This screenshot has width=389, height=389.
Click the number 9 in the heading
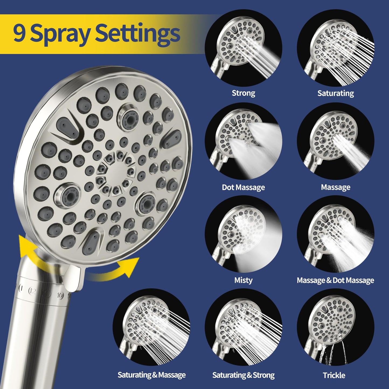click(19, 34)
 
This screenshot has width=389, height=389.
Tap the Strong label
click(243, 93)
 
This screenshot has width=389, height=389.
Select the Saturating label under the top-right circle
click(335, 93)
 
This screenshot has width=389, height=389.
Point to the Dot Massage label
click(243, 187)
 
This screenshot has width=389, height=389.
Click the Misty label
click(243, 280)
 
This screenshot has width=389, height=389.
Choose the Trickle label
click(334, 375)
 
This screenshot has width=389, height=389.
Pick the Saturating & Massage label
click(152, 375)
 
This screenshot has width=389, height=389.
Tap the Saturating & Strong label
click(243, 375)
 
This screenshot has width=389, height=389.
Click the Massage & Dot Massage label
click(335, 280)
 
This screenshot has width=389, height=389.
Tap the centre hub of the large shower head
click(116, 172)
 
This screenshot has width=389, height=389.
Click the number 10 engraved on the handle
click(60, 296)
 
